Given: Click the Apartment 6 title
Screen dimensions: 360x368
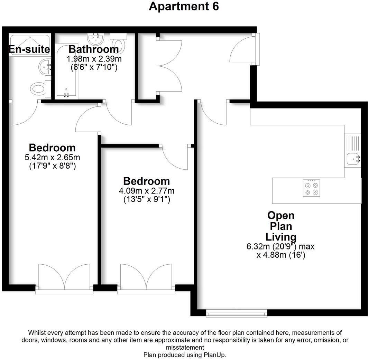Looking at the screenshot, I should click(184, 7).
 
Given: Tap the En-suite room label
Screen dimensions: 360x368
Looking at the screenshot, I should click(29, 49).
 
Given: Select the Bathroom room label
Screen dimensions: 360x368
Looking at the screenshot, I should click(93, 49).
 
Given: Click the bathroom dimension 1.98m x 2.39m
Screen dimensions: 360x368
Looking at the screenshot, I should click(94, 59).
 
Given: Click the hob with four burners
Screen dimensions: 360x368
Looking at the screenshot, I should click(311, 189).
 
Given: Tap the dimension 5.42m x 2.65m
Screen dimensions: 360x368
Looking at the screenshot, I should click(52, 158).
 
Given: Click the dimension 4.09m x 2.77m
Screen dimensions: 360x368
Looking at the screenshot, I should click(147, 191).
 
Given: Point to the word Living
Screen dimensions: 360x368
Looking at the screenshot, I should click(281, 237).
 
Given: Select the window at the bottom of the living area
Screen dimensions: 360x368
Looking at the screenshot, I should click(237, 313).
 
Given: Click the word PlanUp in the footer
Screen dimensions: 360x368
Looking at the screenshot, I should click(217, 355).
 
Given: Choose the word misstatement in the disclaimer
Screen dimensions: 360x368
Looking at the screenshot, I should click(185, 348).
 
